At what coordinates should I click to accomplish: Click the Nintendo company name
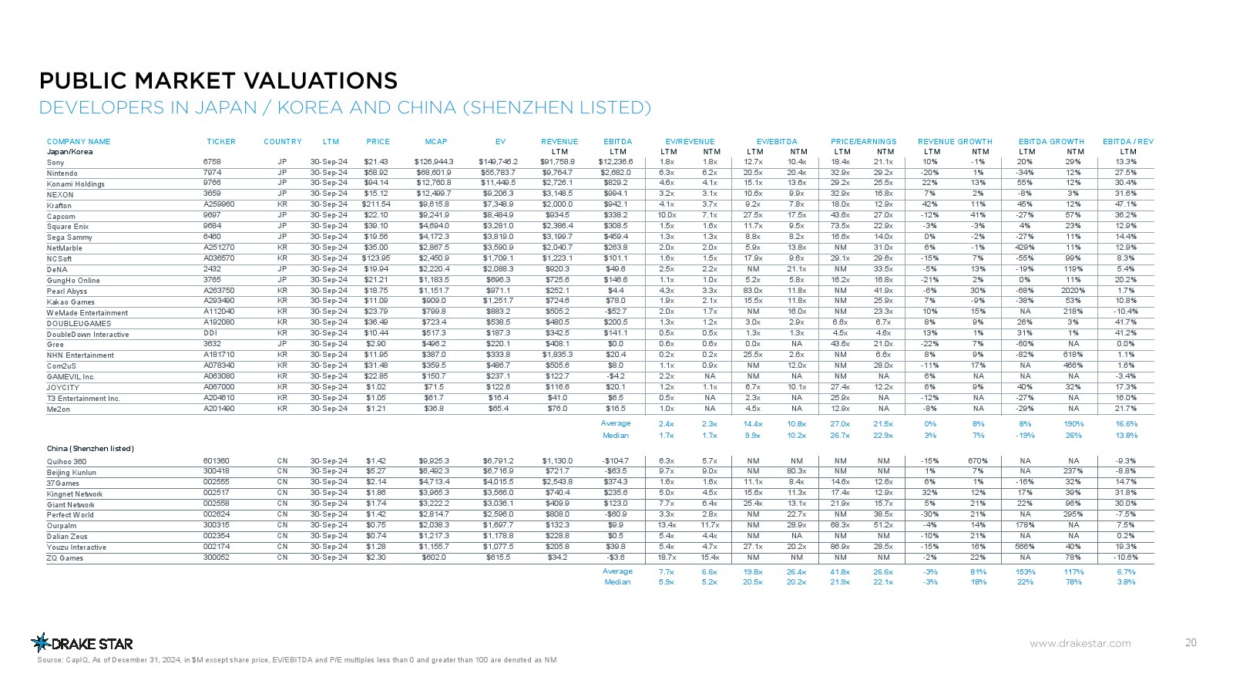62,173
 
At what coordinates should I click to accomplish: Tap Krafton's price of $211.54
377,204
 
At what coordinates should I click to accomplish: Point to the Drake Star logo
82,643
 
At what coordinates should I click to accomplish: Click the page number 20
1191,642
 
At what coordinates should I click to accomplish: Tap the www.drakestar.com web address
1080,643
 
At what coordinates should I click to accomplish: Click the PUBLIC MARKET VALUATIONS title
219,81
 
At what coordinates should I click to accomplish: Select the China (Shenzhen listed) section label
90,449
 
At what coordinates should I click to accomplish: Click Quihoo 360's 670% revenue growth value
979,461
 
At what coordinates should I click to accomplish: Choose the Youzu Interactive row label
76,547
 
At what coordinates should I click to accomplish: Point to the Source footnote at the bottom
297,660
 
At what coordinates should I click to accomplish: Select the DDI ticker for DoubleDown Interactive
210,333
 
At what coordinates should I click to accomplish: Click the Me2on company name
59,409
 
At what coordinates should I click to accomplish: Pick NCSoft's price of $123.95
377,258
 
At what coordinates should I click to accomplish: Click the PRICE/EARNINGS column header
863,142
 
